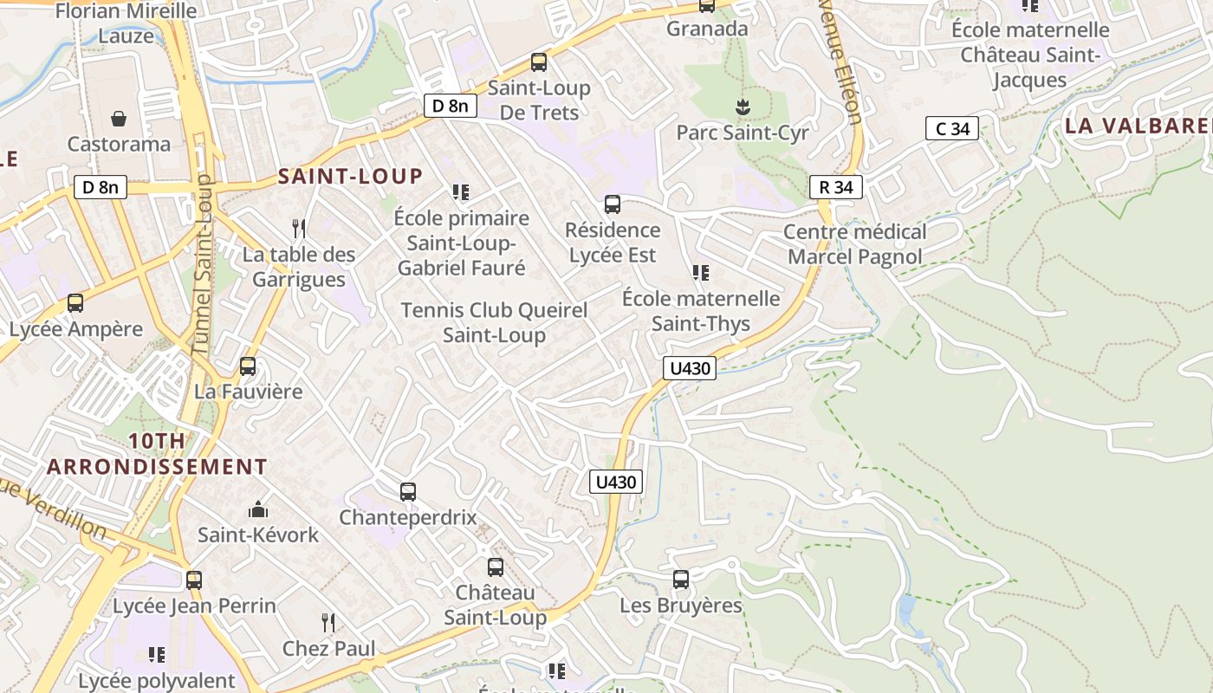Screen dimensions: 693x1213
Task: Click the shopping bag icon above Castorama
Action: point(119,118)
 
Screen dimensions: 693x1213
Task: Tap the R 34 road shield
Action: point(836,187)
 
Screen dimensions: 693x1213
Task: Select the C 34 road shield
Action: point(952,129)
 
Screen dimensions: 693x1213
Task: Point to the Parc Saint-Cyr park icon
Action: point(743,107)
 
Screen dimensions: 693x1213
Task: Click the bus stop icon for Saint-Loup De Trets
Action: point(539,62)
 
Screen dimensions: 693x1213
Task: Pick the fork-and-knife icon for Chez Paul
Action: point(328,623)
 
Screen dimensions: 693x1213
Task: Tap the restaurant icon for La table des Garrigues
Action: point(299,229)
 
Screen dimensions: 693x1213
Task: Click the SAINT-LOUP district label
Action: point(350,177)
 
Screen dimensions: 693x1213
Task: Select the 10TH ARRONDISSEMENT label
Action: point(157,454)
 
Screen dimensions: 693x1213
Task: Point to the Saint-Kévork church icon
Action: point(258,509)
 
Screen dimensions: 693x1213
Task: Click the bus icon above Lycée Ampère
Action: point(75,303)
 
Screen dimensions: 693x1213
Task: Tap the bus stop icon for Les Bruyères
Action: point(681,580)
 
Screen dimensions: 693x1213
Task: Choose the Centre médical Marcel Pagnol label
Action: point(854,244)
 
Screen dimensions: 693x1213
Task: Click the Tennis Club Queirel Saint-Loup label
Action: point(494,322)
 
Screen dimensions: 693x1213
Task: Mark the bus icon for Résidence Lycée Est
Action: point(613,204)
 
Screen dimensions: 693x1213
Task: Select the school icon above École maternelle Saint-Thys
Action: point(701,274)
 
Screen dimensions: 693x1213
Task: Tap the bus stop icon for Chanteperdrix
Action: point(408,492)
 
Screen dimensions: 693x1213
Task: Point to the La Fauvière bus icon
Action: point(248,366)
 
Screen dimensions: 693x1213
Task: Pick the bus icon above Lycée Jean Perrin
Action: point(194,580)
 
